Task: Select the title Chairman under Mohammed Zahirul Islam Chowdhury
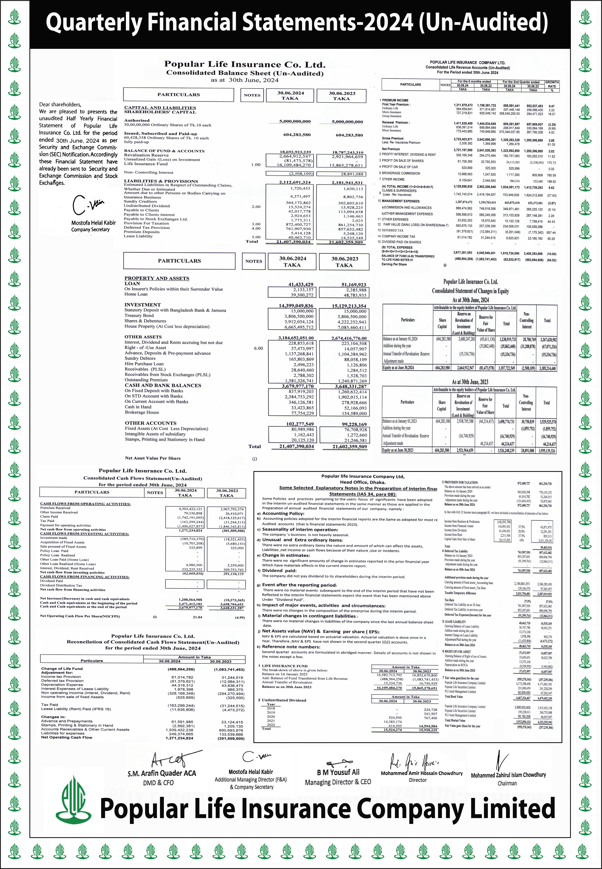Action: pos(507,783)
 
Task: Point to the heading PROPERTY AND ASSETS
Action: pos(157,278)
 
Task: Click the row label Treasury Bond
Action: pos(139,315)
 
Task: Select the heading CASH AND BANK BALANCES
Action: pos(163,385)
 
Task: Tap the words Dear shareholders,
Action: pos(60,104)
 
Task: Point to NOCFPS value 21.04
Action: pos(197,617)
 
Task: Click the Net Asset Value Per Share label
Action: pos(153,458)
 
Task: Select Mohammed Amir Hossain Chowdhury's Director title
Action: pos(418,780)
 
